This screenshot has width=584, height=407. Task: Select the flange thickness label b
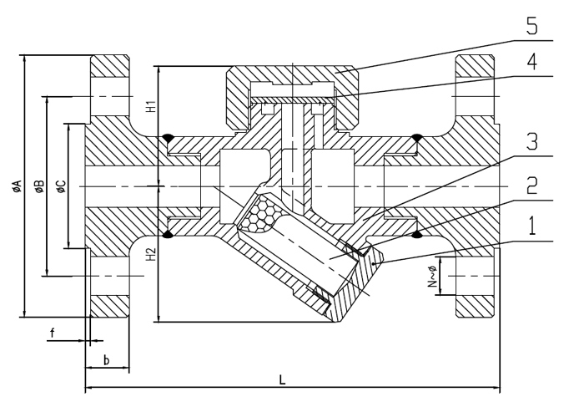(x=107, y=359)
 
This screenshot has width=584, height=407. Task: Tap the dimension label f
(x=52, y=333)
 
